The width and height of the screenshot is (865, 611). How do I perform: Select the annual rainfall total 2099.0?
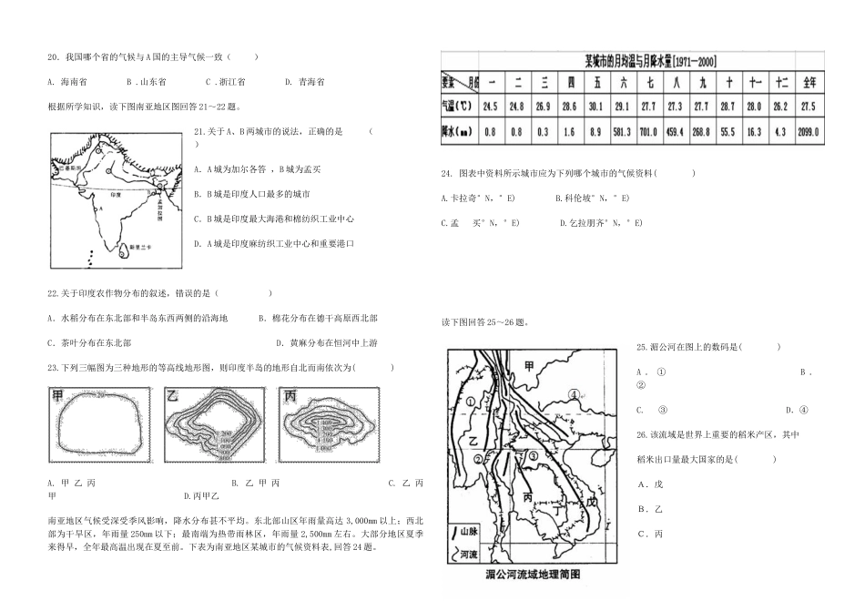tap(807, 131)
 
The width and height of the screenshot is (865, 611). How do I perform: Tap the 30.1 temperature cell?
tap(596, 107)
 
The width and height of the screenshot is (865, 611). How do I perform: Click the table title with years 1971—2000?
tap(649, 61)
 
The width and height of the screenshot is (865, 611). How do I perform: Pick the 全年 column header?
tap(807, 83)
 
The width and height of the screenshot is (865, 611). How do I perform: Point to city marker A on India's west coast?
tap(101, 208)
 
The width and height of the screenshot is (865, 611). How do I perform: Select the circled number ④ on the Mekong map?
tap(575, 394)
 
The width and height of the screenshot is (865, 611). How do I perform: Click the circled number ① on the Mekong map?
tap(470, 401)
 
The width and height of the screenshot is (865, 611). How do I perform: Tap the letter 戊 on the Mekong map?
tap(592, 501)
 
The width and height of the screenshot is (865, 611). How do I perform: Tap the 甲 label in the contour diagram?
tap(59, 395)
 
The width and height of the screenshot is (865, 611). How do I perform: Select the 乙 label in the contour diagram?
tap(171, 395)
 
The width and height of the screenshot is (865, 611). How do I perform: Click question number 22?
tap(53, 293)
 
